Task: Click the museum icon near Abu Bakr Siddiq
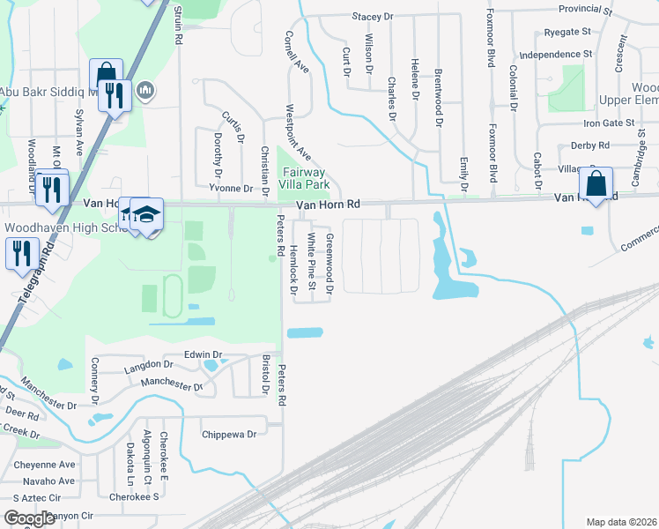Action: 146,89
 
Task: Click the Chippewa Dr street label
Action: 228,434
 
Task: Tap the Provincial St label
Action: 584,11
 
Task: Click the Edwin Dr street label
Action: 201,354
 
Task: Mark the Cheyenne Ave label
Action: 43,465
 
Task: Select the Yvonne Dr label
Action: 231,189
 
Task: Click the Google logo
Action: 29,518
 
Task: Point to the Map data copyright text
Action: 622,522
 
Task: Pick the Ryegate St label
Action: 567,32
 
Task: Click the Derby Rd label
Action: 590,145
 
